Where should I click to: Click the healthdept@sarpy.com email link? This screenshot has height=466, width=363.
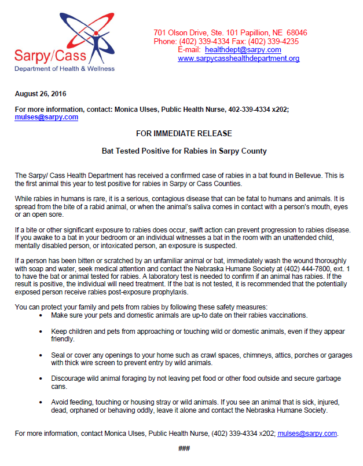point(243,50)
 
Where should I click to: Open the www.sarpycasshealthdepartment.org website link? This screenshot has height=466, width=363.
point(238,59)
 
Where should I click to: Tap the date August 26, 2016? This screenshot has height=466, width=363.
point(40,93)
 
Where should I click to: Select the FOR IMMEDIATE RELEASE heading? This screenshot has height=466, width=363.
point(184,133)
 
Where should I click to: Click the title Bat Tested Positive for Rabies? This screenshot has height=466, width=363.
point(184,151)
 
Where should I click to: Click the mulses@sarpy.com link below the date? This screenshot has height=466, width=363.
point(46,116)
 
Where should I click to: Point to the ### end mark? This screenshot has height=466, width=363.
point(184,449)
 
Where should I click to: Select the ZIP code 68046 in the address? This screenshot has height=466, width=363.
point(296,32)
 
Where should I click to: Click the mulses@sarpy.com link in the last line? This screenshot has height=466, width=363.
point(307,433)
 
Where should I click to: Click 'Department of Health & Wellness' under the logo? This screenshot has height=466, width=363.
point(64,68)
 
